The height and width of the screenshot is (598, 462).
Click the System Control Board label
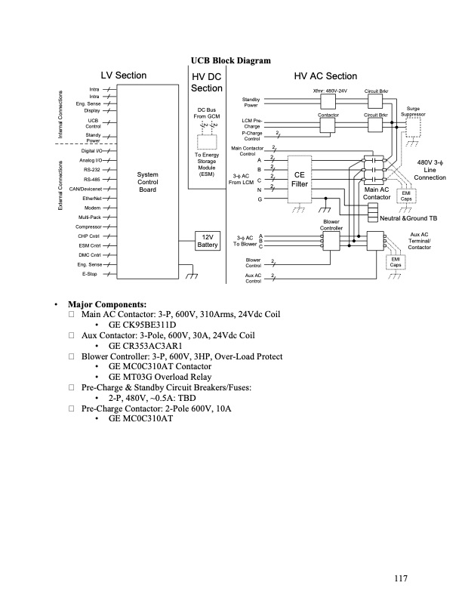pos(147,181)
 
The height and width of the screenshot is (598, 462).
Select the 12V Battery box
pos(208,240)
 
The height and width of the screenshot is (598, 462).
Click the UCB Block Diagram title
pos(231,60)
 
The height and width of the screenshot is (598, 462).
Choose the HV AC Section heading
pos(325,76)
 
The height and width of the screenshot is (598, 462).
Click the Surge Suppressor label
pos(413,111)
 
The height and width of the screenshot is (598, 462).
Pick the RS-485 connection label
pos(92,179)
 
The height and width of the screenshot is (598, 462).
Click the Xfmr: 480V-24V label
pos(330,91)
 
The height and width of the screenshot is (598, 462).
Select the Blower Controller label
pos(332,224)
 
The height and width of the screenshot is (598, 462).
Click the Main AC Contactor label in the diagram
pos(376,193)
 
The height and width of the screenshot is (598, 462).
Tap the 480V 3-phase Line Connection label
pos(430,170)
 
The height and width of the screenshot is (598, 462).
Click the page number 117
pos(400,578)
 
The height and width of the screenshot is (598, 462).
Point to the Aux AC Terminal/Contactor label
pos(419,241)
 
